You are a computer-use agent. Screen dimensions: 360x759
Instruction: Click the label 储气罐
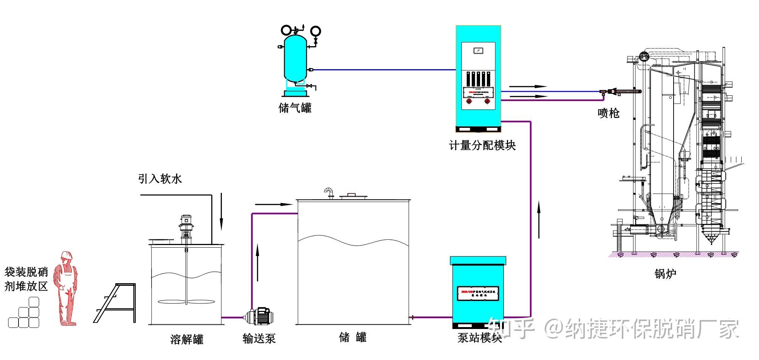tap(295, 108)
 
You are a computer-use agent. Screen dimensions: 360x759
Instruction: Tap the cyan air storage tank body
tap(295, 59)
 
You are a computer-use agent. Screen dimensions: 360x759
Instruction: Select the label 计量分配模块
tap(482, 145)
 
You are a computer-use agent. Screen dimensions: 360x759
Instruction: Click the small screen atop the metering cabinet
tap(478, 51)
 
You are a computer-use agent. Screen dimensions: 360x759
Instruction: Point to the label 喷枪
tap(609, 113)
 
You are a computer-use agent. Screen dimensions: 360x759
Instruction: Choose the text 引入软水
tap(160, 178)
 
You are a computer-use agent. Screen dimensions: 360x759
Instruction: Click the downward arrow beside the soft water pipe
tap(222, 212)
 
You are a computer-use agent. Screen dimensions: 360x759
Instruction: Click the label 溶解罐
tap(187, 339)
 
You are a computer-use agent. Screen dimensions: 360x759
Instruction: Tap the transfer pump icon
tap(259, 317)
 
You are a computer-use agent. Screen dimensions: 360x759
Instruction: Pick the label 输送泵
tap(259, 338)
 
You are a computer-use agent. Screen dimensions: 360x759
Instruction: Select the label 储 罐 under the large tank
tap(353, 337)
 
